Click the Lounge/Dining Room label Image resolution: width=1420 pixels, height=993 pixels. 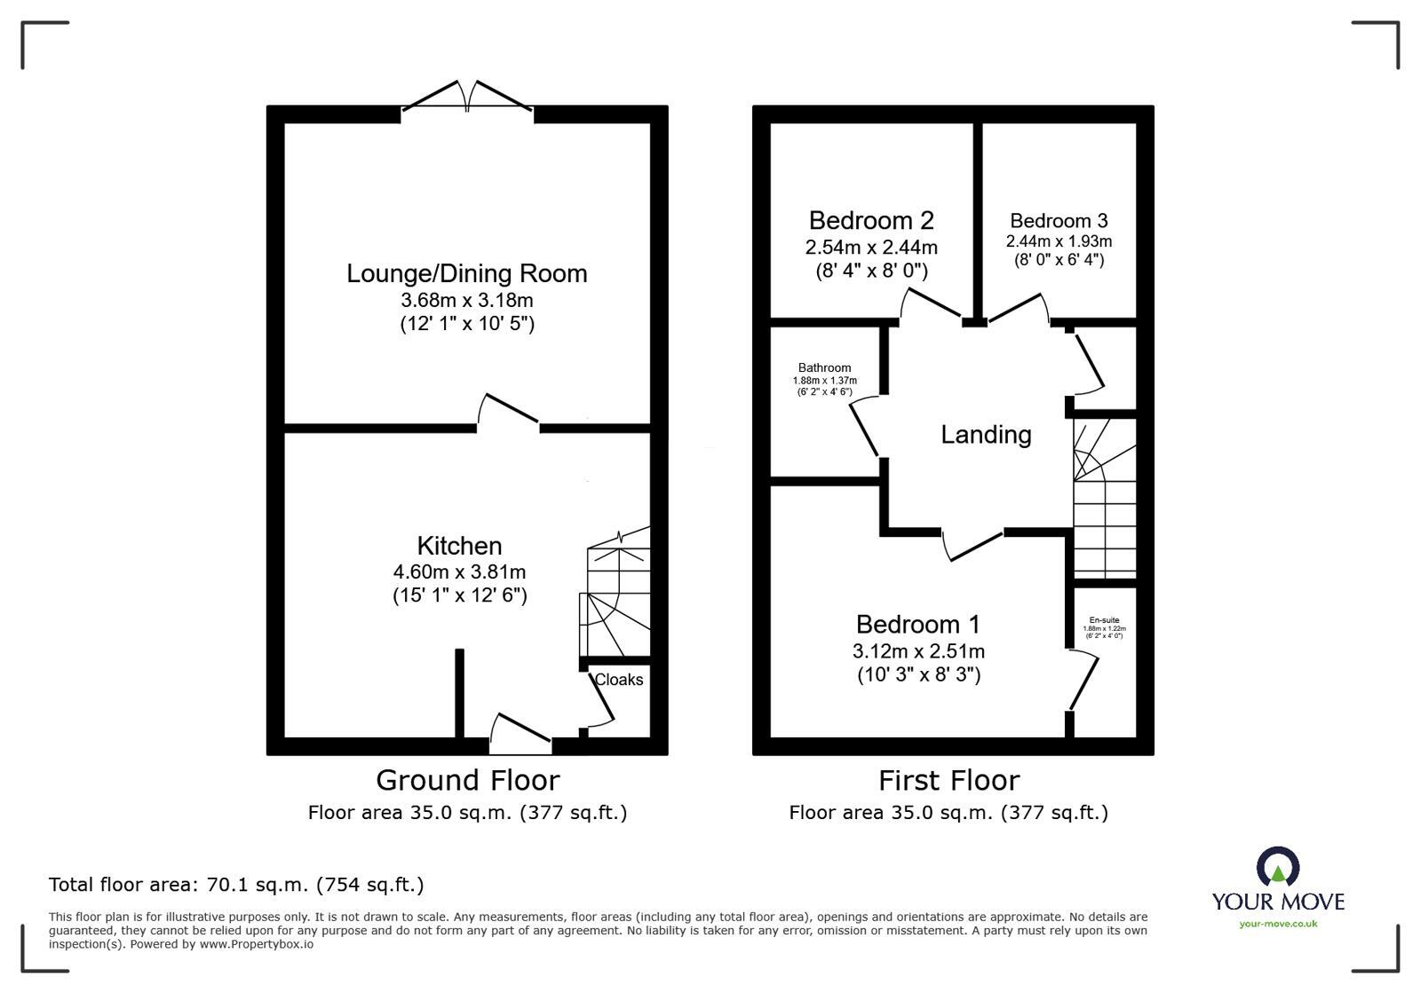click(x=466, y=273)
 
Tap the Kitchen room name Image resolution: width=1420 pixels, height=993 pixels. click(x=459, y=546)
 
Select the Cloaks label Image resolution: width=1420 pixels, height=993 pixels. click(x=619, y=680)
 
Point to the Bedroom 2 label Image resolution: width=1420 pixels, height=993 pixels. click(x=871, y=220)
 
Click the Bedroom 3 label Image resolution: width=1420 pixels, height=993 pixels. click(x=1059, y=221)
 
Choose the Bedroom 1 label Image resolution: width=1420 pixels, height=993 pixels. click(x=918, y=625)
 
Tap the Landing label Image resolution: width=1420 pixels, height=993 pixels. click(x=986, y=435)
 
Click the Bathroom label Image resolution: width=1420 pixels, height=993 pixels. click(x=824, y=368)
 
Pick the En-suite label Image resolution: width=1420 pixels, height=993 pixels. click(x=1104, y=620)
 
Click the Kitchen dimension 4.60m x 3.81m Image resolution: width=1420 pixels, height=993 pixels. click(x=459, y=572)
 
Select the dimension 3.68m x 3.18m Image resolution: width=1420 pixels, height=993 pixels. click(x=466, y=301)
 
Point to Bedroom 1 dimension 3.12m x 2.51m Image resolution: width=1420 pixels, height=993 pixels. click(x=918, y=651)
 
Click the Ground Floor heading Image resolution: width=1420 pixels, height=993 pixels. click(x=467, y=781)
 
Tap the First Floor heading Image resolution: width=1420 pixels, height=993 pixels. click(x=948, y=781)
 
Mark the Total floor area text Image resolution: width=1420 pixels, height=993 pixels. click(x=236, y=885)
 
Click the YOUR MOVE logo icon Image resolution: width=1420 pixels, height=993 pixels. click(x=1278, y=867)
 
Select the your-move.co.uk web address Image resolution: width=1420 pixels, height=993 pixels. click(x=1278, y=924)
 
